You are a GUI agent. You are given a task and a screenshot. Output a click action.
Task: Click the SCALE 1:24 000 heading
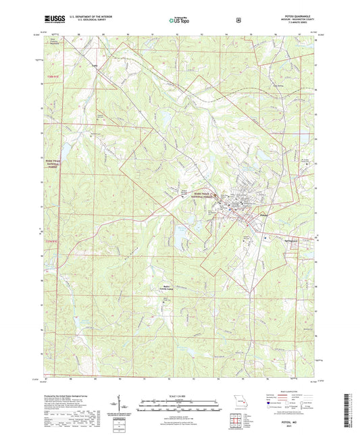[x=179, y=395]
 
